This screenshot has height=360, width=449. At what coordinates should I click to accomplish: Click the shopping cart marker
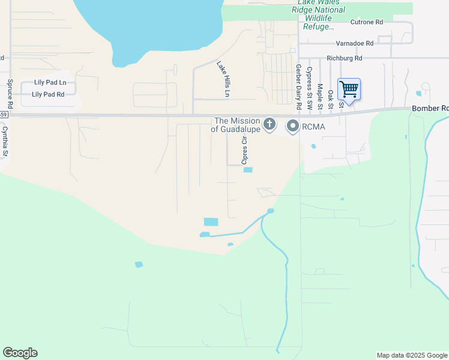click(349, 90)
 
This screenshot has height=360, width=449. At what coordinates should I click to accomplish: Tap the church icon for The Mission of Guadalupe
click(270, 125)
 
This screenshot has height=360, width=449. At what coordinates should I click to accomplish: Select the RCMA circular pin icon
click(293, 126)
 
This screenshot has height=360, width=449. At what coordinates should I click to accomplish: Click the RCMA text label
click(313, 126)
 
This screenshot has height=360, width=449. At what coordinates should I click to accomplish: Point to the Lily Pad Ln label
click(49, 82)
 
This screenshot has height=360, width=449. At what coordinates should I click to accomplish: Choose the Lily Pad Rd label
click(48, 94)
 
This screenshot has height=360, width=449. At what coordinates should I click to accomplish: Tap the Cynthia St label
click(5, 141)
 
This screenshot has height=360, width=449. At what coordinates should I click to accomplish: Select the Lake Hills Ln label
click(223, 79)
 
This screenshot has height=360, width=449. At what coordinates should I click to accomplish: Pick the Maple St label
click(320, 96)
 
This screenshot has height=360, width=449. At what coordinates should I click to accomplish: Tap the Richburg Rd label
click(345, 58)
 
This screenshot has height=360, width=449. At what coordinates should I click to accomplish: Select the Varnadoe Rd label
click(354, 43)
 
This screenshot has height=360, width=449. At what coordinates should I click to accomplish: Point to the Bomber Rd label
click(430, 109)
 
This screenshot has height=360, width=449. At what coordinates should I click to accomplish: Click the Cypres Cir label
click(244, 150)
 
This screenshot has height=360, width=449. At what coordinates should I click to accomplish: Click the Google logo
click(20, 353)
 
